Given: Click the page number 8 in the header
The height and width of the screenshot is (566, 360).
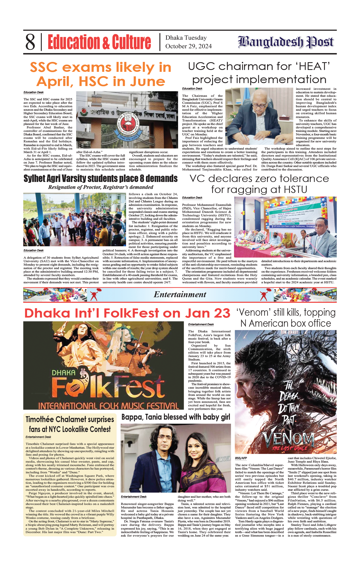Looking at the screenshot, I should (30, 42).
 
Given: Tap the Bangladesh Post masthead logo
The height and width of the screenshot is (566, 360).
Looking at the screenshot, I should (286, 42).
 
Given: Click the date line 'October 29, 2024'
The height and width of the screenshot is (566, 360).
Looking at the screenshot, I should (188, 46).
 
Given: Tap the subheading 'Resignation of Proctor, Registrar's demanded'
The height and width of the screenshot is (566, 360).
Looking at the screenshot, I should (100, 187).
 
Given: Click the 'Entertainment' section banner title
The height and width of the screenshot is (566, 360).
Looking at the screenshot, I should (180, 294).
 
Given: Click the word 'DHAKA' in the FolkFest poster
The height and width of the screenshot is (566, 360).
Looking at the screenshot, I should (63, 373).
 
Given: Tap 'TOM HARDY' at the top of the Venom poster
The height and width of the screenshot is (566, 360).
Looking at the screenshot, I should (289, 332).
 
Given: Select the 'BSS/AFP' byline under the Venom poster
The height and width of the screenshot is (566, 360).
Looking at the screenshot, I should (241, 458).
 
